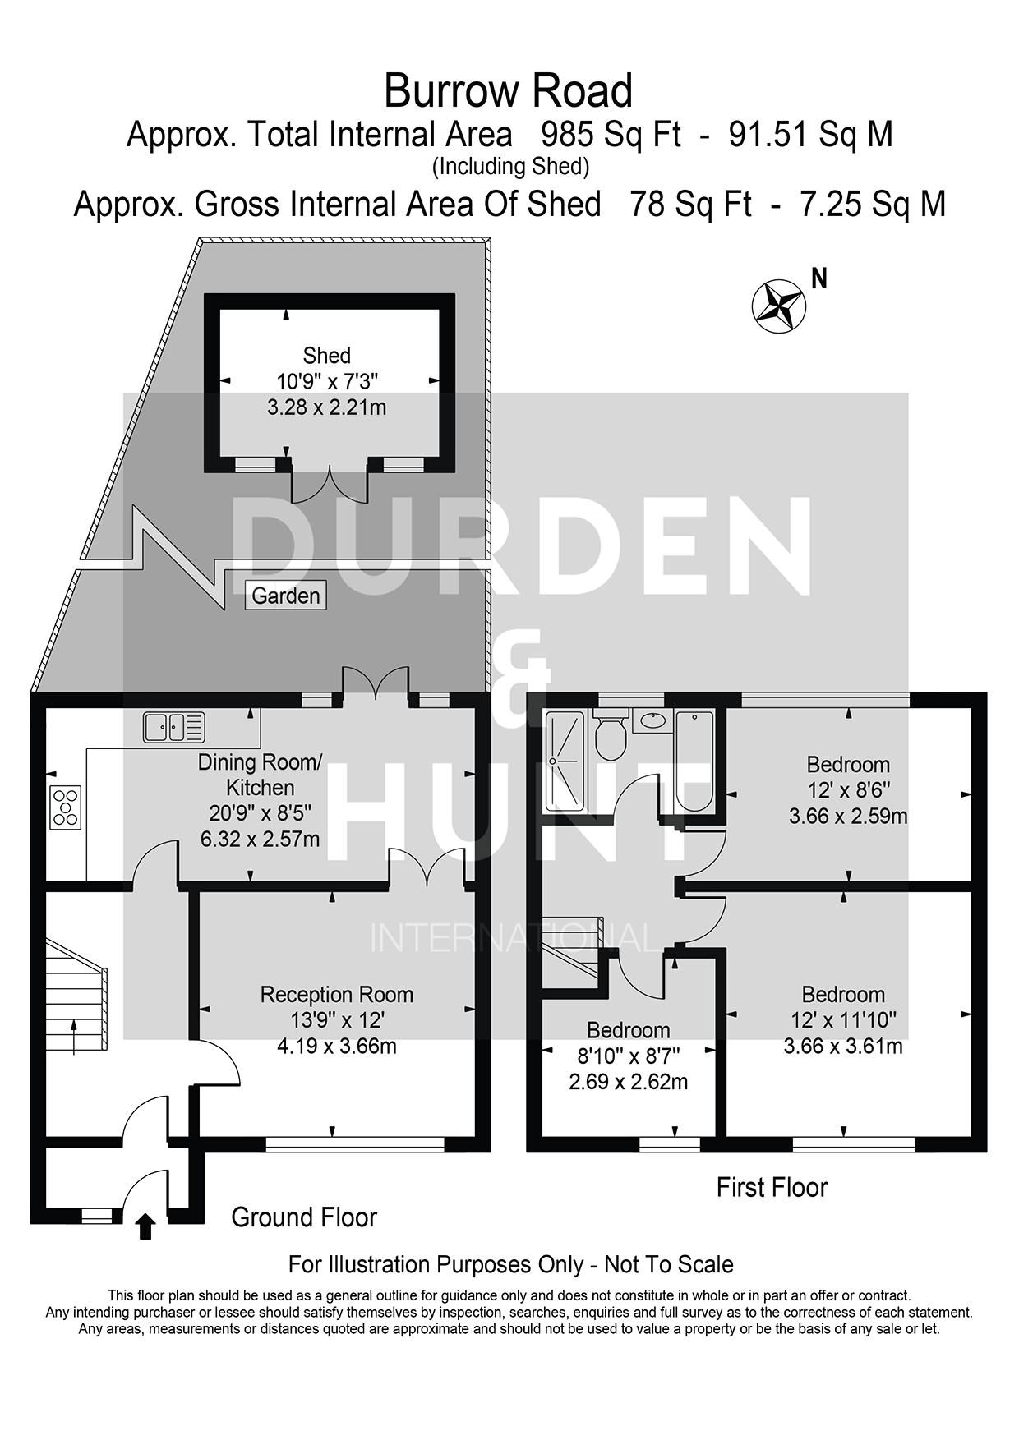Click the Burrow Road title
(x=508, y=90)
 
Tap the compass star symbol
(x=778, y=305)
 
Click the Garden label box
(x=285, y=596)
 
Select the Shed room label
(x=326, y=356)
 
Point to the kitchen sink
(x=173, y=727)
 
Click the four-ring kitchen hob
(x=66, y=807)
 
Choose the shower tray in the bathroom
(x=565, y=761)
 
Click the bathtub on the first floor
(x=694, y=761)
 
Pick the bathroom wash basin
(x=653, y=720)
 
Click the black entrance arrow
(x=145, y=1226)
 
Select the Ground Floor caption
(x=304, y=1217)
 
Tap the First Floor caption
(x=772, y=1187)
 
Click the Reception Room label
(x=337, y=995)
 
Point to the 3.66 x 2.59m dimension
(x=848, y=816)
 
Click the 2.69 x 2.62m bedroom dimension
(x=629, y=1082)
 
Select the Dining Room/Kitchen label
(x=260, y=775)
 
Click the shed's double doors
(x=330, y=485)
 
